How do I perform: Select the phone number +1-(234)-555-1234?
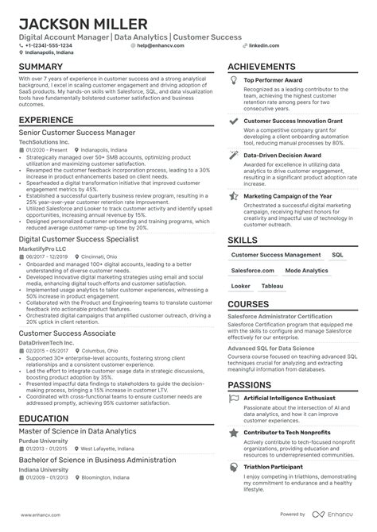(x=49, y=46)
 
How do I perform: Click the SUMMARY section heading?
(x=41, y=67)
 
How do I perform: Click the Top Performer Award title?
(x=273, y=81)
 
